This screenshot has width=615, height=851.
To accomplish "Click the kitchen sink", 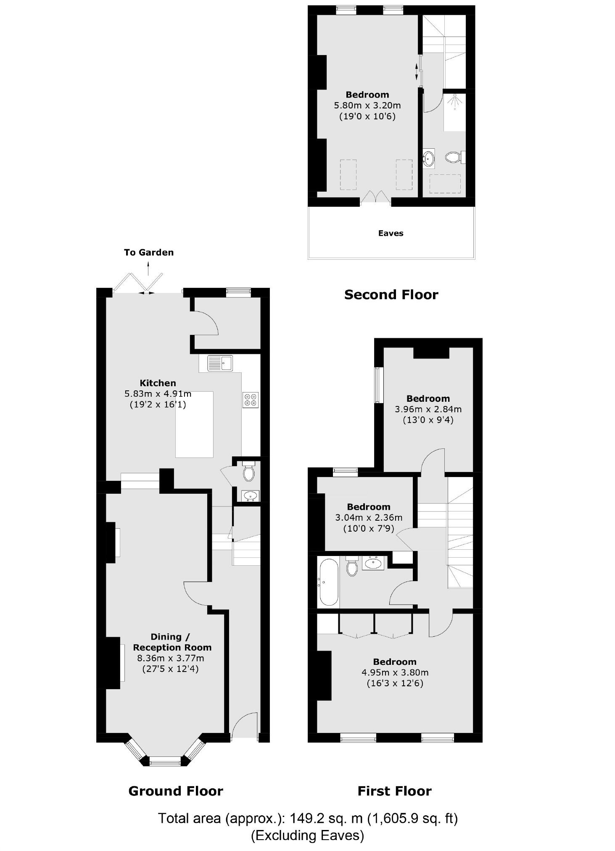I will (x=220, y=363).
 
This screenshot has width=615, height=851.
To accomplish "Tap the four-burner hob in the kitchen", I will (x=251, y=400).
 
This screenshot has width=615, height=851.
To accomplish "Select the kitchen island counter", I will (x=194, y=424).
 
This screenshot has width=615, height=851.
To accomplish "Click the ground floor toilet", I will (x=249, y=472).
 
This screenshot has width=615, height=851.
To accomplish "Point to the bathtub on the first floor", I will (x=328, y=582).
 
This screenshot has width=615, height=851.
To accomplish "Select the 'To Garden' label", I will (x=148, y=253).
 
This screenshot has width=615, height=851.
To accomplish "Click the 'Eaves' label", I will (x=391, y=234).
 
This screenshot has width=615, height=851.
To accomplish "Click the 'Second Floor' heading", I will (x=391, y=295).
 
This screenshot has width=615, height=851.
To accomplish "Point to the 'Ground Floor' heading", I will (x=175, y=791).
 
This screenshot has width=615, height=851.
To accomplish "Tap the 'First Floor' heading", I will (x=394, y=791).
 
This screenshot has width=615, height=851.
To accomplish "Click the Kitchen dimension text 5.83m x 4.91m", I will (x=158, y=394).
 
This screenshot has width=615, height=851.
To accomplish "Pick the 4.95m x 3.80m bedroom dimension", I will (x=395, y=672).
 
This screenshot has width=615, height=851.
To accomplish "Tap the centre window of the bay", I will (x=165, y=760).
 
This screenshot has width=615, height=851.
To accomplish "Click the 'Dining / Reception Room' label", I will (x=172, y=642).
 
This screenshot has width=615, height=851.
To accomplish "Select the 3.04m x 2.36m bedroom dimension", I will (x=369, y=518).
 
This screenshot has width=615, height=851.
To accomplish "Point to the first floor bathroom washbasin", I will (x=373, y=563).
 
